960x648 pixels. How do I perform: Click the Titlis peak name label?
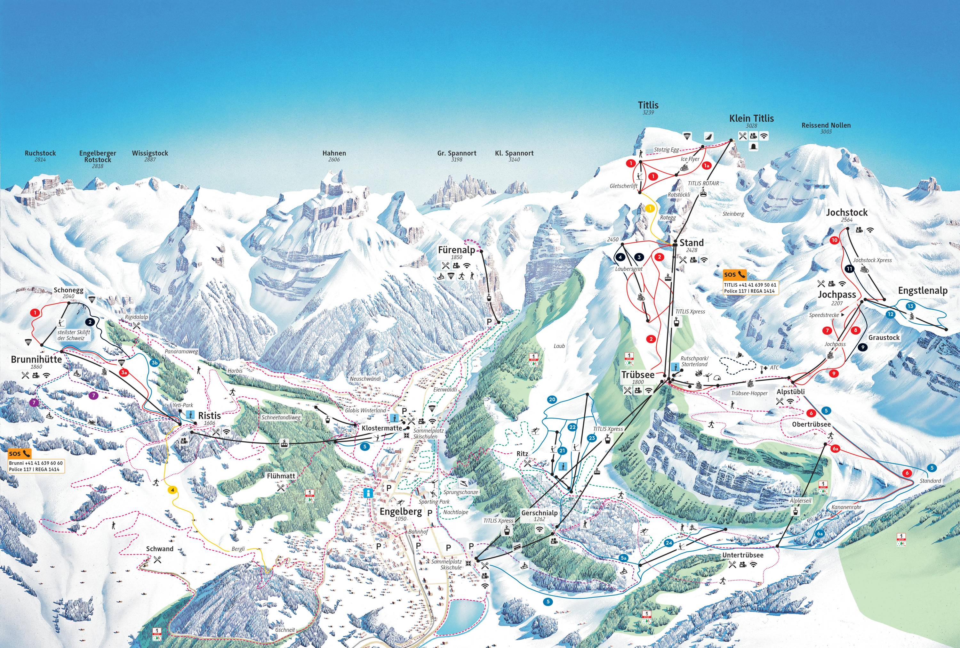[x=648, y=105]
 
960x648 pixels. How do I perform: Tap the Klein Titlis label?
[x=751, y=118]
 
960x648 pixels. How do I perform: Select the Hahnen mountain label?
[x=334, y=153]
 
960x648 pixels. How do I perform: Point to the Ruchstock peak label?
[x=40, y=153]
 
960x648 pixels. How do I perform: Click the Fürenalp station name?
[x=456, y=250]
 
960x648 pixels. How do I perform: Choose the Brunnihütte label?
[x=36, y=359]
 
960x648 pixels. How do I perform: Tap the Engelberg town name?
[x=400, y=512]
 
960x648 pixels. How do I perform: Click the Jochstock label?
[x=846, y=212]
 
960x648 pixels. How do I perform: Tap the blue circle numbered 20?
[x=552, y=400]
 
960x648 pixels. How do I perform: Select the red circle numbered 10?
[x=835, y=240]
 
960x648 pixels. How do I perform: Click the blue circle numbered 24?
[x=669, y=543]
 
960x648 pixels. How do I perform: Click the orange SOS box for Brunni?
[x=20, y=453]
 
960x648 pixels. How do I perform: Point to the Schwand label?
[x=159, y=549]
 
